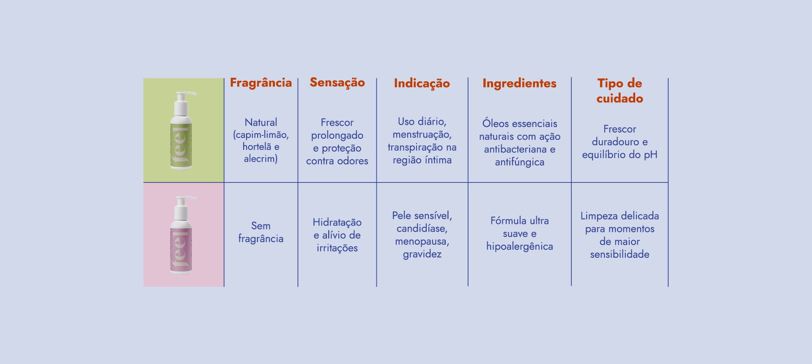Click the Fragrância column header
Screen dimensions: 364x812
[x=261, y=83]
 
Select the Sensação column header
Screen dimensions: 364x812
[x=337, y=83]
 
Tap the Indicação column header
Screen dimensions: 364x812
[x=422, y=83]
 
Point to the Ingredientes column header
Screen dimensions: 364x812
[x=519, y=83]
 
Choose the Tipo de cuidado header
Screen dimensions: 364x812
[x=620, y=91]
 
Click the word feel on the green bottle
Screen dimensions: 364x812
[x=181, y=146]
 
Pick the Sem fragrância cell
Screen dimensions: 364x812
[x=261, y=232]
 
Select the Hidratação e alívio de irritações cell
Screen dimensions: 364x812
[x=337, y=235]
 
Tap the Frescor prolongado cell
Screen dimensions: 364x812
[x=337, y=141]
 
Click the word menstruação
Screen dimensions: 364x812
[x=422, y=135]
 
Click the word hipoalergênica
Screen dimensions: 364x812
[x=519, y=246]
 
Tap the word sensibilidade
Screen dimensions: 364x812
[x=620, y=254]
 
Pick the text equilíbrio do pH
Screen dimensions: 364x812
[x=620, y=155]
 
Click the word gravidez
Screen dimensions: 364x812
[x=422, y=254]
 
